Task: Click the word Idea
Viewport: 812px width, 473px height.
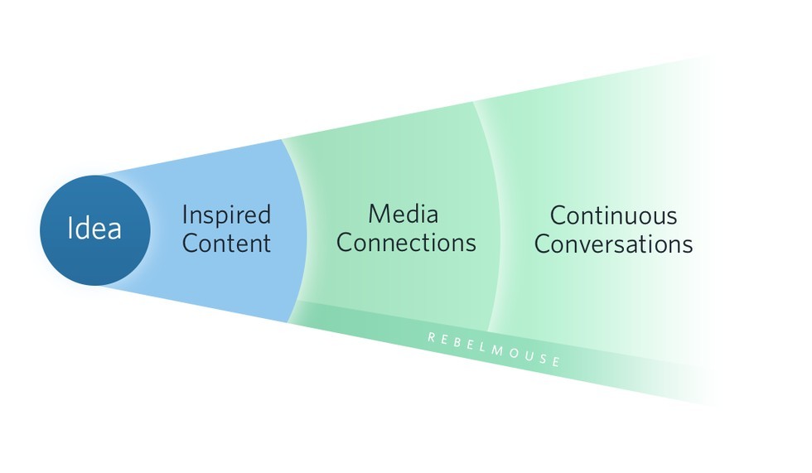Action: tap(94, 229)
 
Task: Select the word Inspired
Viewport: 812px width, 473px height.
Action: tap(226, 216)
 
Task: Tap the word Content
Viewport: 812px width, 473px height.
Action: tap(226, 244)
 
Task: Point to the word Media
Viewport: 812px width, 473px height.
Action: tap(404, 215)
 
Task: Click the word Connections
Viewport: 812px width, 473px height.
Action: tap(406, 243)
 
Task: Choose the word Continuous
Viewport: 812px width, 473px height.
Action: tap(613, 216)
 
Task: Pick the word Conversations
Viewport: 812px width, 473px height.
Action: tap(613, 245)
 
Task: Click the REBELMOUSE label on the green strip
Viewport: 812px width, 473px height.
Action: tap(495, 349)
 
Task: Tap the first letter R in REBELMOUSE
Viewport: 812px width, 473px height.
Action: tap(432, 336)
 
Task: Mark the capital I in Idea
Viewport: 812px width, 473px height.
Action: tap(70, 229)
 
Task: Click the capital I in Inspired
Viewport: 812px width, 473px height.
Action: tap(185, 215)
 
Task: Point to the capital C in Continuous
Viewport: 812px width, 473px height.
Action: tap(558, 216)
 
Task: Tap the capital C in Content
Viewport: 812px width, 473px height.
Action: tap(191, 244)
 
